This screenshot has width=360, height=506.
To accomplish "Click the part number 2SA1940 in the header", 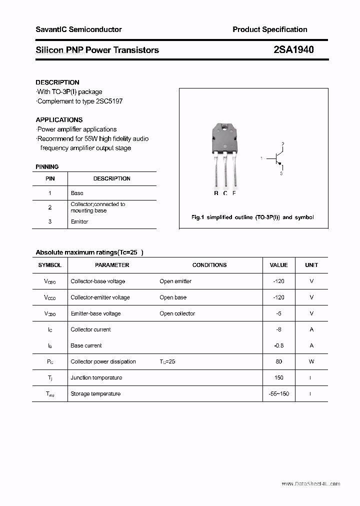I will (293, 50).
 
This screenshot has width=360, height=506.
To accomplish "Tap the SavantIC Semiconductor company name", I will (78, 29).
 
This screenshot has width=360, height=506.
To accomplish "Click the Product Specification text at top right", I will (269, 29).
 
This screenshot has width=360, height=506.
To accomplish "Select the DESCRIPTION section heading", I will (57, 82).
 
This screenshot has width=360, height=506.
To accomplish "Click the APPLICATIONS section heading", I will (59, 120).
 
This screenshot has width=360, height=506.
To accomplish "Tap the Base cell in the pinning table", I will (77, 193).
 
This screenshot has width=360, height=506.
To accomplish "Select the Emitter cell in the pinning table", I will (79, 221).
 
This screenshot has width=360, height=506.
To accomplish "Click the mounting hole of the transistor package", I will (225, 128).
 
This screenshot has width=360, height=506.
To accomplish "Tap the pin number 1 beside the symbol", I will (261, 158).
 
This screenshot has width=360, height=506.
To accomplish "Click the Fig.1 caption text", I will (252, 217).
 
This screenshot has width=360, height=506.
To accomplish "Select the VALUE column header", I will (278, 265).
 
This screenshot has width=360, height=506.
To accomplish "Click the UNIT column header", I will (311, 265).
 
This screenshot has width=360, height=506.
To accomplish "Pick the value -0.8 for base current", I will (278, 345).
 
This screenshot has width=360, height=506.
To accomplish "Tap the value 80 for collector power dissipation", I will (278, 361).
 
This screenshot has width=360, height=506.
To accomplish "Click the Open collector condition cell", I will (177, 313).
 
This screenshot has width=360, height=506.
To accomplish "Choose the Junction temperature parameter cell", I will (97, 377).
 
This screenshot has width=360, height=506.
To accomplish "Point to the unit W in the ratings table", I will (311, 361).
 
